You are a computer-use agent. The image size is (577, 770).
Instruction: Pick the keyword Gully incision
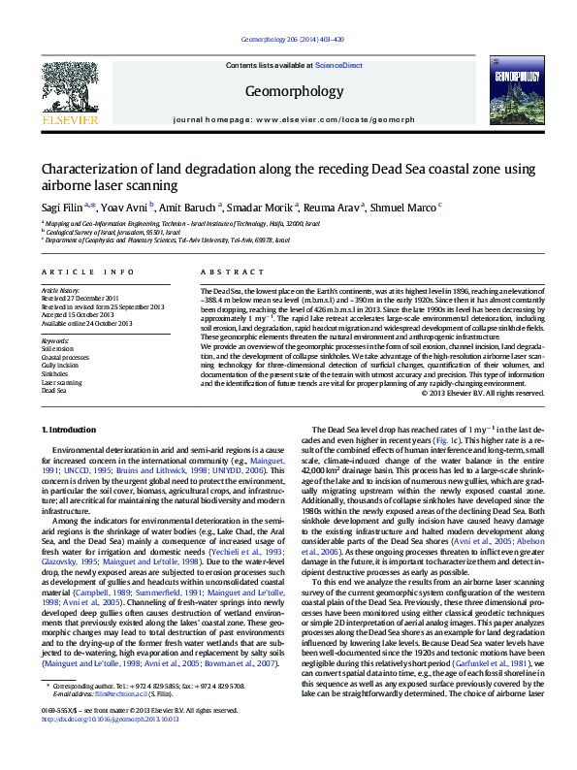click(x=60, y=364)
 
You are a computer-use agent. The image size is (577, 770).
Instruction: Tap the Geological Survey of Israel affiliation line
click(x=112, y=233)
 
